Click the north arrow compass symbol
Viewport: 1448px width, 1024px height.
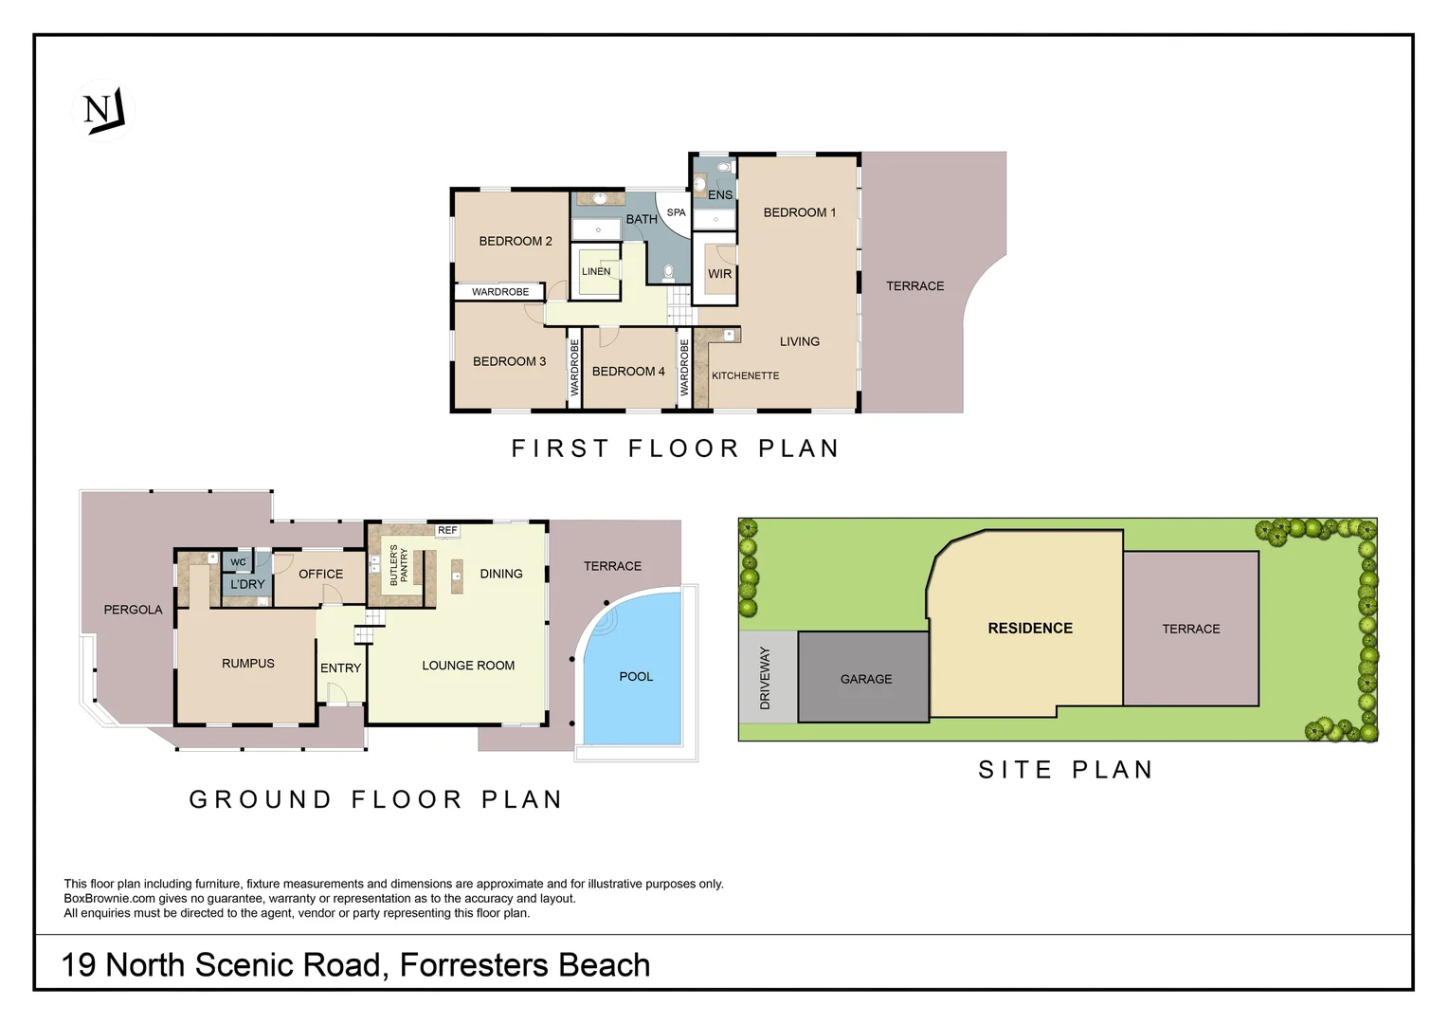click(x=103, y=110)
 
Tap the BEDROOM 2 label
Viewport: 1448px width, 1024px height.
click(x=515, y=241)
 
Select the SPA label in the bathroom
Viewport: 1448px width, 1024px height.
click(x=676, y=212)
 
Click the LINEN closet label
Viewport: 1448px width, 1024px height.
click(x=596, y=271)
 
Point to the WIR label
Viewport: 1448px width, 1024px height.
click(x=719, y=274)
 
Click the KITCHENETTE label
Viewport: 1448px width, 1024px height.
click(x=745, y=375)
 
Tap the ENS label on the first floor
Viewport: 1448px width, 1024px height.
click(x=719, y=195)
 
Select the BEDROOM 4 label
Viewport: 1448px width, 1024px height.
click(x=627, y=372)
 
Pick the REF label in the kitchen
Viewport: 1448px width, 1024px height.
click(x=447, y=530)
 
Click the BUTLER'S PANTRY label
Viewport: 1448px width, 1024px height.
click(x=399, y=565)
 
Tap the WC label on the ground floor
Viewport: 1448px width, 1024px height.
click(x=238, y=562)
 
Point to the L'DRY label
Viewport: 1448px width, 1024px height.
click(x=247, y=584)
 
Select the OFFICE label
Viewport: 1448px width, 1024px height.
click(x=320, y=574)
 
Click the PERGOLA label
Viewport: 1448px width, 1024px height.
click(x=133, y=610)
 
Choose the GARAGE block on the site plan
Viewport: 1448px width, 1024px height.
click(x=865, y=679)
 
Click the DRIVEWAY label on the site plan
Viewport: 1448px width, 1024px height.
click(x=765, y=678)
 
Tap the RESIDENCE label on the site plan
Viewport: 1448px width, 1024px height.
click(x=1029, y=628)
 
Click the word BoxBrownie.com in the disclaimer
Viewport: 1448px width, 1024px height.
click(x=109, y=899)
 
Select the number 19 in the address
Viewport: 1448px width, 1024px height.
click(x=79, y=965)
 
